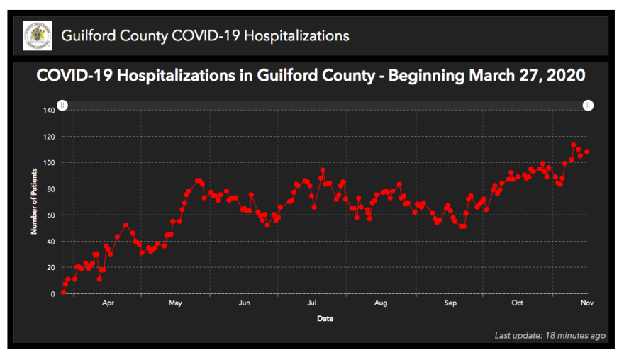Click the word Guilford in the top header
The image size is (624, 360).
point(89,35)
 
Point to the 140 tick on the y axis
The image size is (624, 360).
point(49,111)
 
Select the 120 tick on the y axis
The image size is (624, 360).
point(49,137)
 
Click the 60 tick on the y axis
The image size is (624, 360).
point(50,215)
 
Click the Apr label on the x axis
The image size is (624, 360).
point(108,303)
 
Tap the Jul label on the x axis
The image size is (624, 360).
point(311,303)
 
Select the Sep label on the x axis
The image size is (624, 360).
point(450,303)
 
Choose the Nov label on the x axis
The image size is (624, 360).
point(586,303)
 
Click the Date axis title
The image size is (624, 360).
point(325,319)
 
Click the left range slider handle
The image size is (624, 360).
point(62,106)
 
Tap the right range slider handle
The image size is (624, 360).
point(588,106)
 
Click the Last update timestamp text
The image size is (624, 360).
point(550,335)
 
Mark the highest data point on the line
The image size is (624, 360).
point(573,145)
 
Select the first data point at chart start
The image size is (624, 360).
point(63,292)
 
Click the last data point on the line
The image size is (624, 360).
point(587,152)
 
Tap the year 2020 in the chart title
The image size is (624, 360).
point(567,76)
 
